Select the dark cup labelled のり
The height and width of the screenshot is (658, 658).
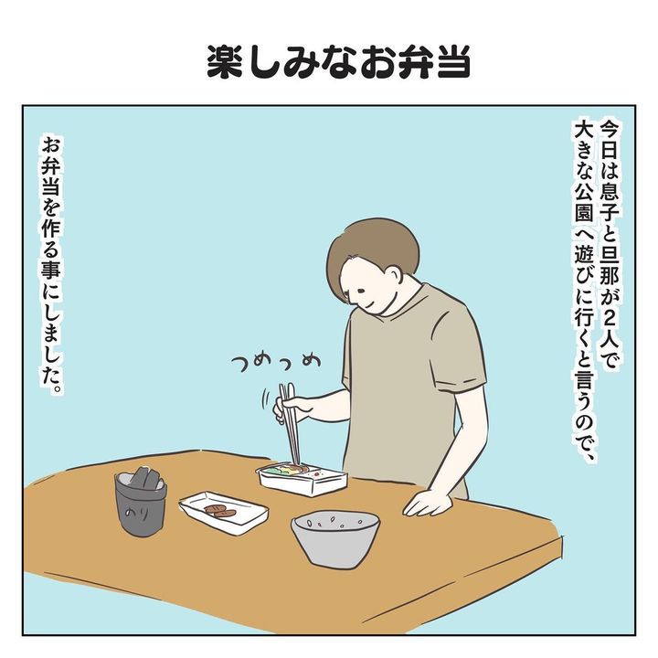click(x=141, y=503)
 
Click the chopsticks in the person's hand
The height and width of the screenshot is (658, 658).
click(x=291, y=424)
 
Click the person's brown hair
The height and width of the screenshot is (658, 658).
click(x=369, y=252)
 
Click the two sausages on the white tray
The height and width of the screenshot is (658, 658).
click(x=221, y=511)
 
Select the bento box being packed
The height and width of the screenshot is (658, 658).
click(x=303, y=478)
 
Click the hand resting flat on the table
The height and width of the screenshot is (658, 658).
click(x=428, y=503)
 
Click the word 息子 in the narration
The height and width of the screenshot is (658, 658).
click(x=609, y=208)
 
